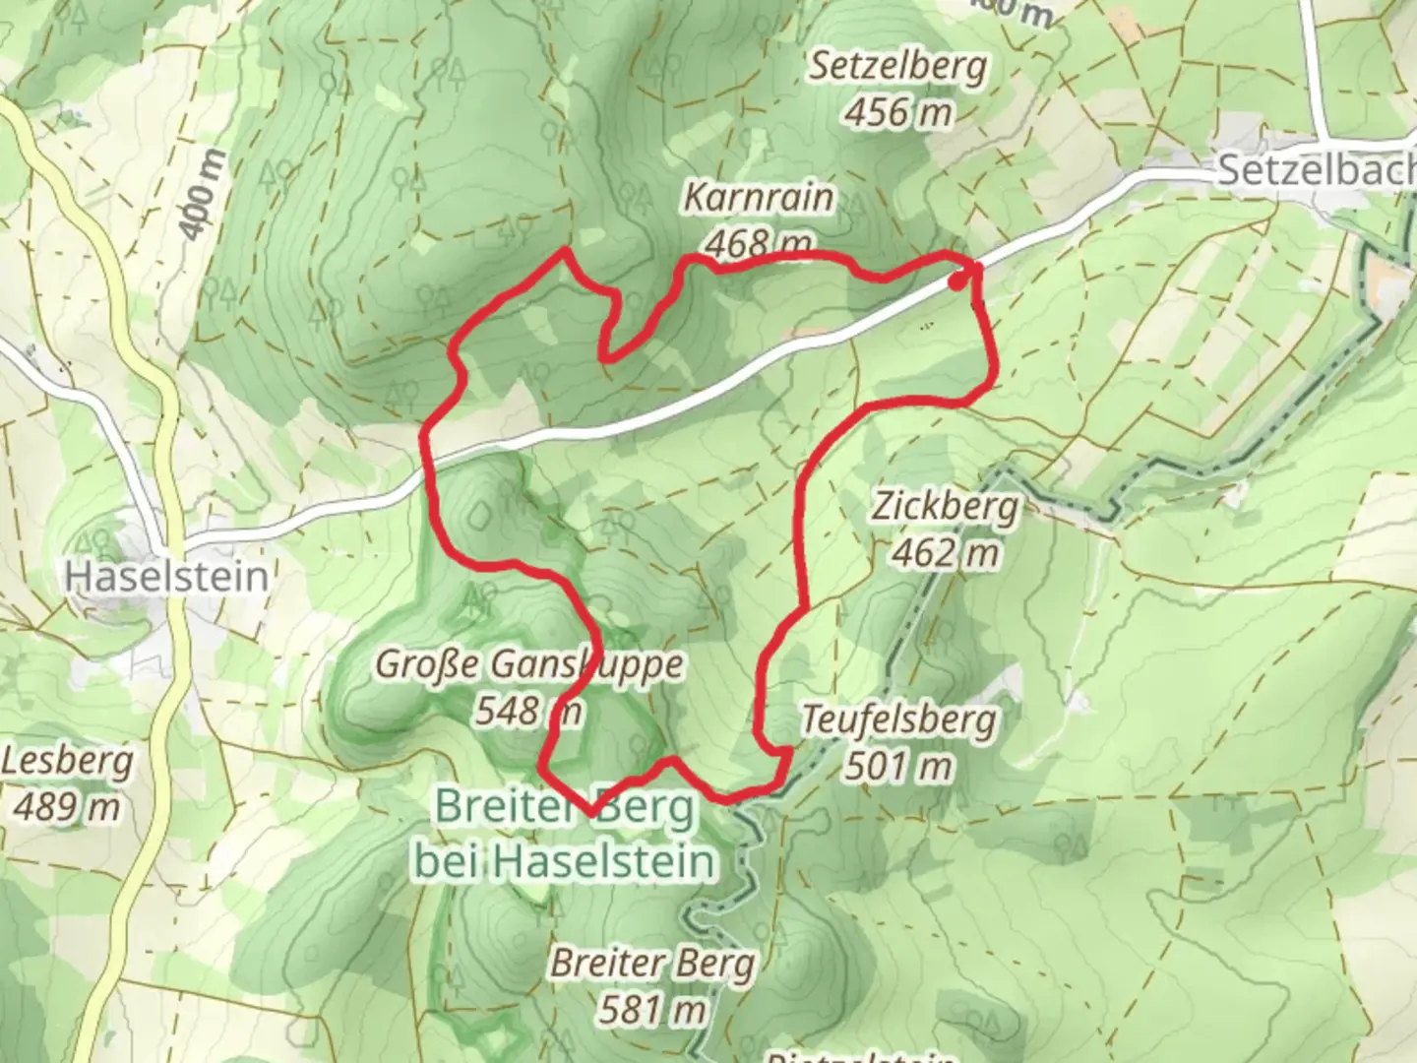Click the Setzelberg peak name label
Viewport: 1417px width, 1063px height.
point(897,67)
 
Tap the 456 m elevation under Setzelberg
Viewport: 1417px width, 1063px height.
point(897,112)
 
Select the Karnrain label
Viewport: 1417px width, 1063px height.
point(758,198)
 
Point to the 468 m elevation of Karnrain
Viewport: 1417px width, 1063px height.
point(760,242)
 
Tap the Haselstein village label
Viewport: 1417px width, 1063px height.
point(166,576)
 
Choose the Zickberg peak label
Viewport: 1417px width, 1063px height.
point(945,508)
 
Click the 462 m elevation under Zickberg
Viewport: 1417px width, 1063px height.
point(945,553)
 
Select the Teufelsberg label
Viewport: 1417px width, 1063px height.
point(897,720)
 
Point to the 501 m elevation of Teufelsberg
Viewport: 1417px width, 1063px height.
point(897,766)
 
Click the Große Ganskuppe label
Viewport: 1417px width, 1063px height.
point(528,664)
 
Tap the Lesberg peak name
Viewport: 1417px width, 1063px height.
point(67,762)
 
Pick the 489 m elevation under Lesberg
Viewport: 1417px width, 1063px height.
point(67,807)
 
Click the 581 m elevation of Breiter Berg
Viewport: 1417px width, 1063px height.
point(651,1009)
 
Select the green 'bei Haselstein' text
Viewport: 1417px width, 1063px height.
point(564,861)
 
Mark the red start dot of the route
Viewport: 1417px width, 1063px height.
point(956,281)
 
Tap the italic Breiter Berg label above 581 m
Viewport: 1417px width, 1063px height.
point(651,963)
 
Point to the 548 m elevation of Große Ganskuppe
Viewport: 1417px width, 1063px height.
point(528,710)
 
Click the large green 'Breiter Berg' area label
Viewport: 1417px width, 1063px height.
point(564,809)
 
